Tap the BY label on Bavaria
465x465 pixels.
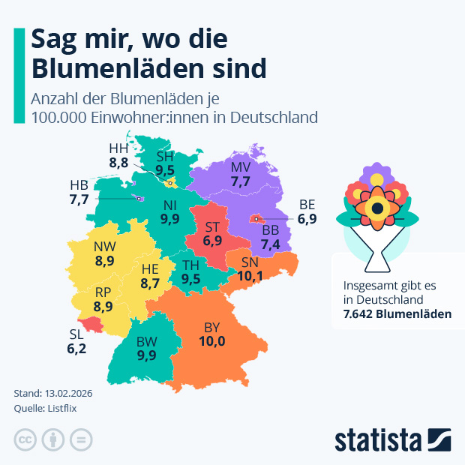point(213,327)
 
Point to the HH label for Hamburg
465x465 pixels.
point(118,148)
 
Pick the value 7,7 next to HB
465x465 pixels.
point(79,199)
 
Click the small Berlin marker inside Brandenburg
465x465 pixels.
point(256,220)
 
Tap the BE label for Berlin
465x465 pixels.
point(307,204)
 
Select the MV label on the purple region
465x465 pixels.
point(240,166)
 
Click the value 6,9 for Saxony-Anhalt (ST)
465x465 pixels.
point(212,241)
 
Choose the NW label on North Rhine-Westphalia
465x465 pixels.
point(104,247)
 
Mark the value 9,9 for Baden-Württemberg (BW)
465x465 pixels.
point(147,355)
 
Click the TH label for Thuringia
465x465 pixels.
point(190,265)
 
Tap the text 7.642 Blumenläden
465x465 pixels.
point(397,313)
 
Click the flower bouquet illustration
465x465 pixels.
point(379,214)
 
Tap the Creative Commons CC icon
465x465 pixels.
point(25,439)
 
